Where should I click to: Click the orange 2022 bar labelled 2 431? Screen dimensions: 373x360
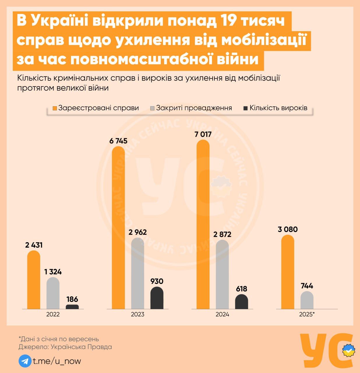[33, 280]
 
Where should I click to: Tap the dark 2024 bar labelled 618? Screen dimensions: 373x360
[241, 302]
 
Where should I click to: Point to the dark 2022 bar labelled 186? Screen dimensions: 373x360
[72, 307]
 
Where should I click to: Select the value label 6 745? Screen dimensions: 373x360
[118, 141]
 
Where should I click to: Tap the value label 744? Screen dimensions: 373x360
[307, 286]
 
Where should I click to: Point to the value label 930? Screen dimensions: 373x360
[157, 281]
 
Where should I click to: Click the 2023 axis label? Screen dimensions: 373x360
[137, 314]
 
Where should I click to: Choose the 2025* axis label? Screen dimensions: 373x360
[307, 314]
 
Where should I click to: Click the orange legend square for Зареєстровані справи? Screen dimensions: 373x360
[55, 108]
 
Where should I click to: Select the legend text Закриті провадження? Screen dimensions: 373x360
[194, 108]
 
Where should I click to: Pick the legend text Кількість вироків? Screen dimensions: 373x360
[278, 108]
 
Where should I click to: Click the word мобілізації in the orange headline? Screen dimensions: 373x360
[264, 40]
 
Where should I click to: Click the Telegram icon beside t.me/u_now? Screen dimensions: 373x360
[25, 361]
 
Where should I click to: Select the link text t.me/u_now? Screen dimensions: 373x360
[57, 361]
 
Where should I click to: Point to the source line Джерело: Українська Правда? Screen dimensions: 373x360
[65, 347]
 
